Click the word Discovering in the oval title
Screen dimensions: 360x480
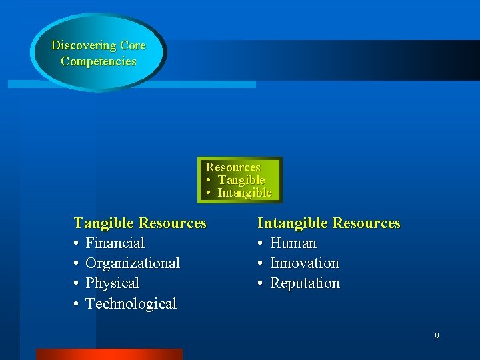(x=84, y=46)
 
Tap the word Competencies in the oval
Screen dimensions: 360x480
(x=99, y=61)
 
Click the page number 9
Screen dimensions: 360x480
(x=437, y=336)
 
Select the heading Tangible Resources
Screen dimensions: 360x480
(x=140, y=223)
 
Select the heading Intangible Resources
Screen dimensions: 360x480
(x=329, y=223)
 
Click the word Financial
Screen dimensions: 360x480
(x=115, y=243)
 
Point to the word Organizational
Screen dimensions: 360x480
(x=133, y=263)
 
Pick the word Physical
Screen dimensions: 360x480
(x=112, y=283)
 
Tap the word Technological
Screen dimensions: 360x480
(x=131, y=304)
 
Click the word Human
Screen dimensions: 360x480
(x=293, y=243)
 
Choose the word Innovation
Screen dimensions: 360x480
(x=305, y=263)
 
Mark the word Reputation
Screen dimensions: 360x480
(x=305, y=283)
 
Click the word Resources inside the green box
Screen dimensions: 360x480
(x=233, y=167)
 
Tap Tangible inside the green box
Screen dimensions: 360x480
(x=241, y=180)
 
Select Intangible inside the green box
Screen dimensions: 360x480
(x=245, y=193)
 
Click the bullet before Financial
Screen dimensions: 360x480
(x=77, y=244)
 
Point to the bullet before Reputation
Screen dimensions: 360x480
(x=261, y=284)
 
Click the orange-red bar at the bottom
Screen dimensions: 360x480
(x=109, y=354)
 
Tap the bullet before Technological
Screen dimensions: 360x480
(x=77, y=305)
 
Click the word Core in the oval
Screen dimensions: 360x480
(x=133, y=46)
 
